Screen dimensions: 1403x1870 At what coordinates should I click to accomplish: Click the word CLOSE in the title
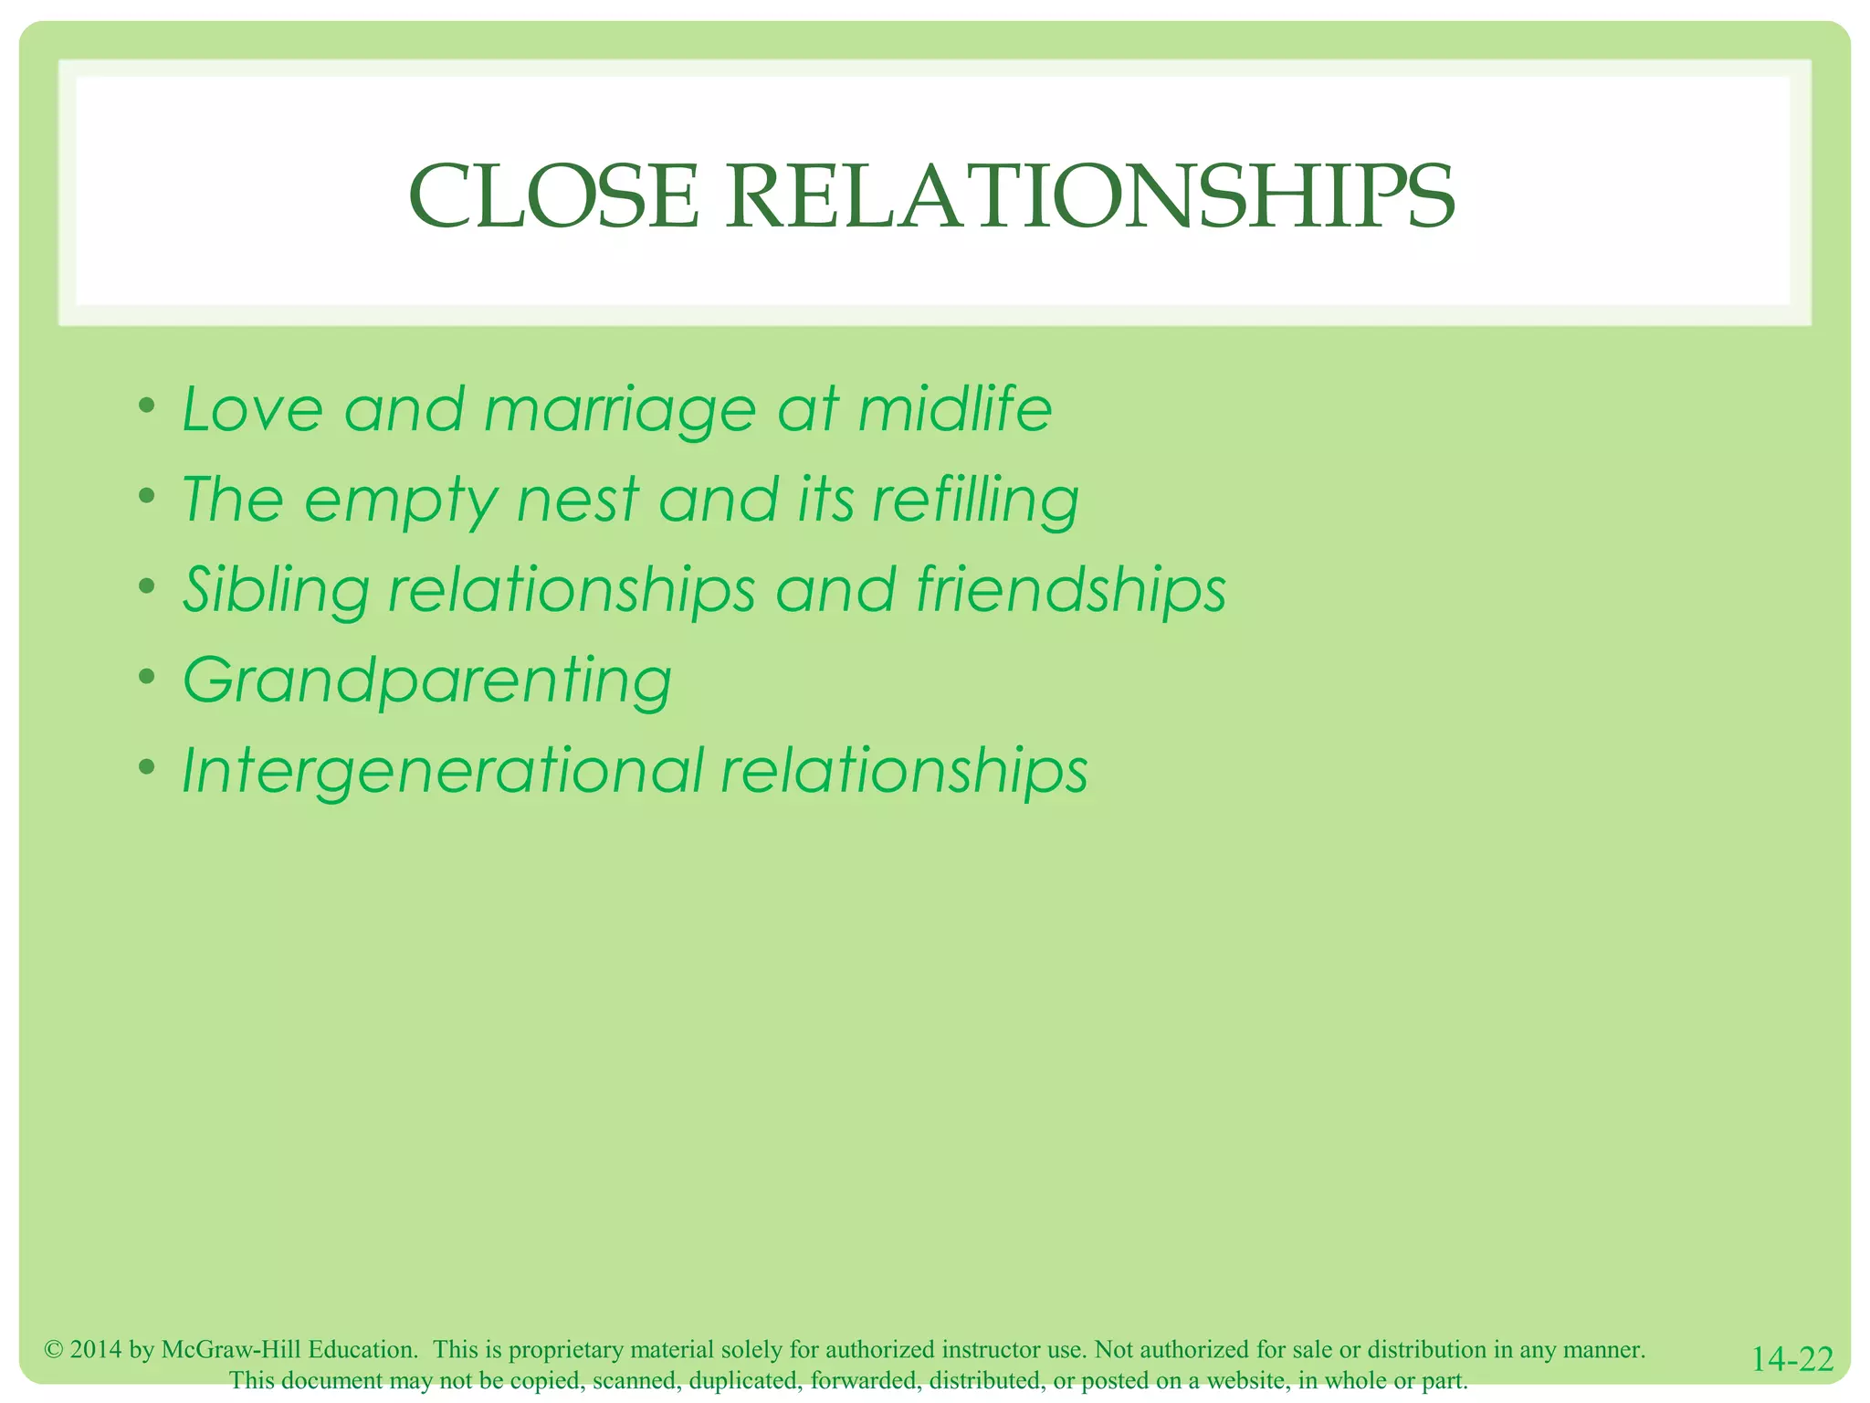pos(553,197)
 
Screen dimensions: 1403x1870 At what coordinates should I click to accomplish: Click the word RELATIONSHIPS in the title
pos(1090,197)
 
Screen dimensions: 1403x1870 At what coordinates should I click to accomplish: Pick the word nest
pos(577,500)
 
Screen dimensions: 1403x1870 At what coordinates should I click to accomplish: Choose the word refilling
pos(975,501)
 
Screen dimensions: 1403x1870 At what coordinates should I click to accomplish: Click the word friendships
pos(1071,591)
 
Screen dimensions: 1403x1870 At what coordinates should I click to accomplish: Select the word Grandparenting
pos(427,681)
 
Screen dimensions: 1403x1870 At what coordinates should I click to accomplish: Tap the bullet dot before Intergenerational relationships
pos(147,767)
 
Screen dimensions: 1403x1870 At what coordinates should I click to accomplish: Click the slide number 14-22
pos(1792,1358)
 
